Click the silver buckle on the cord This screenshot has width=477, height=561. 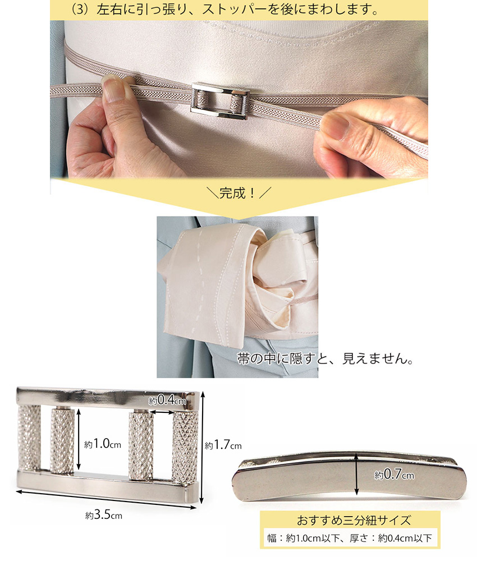220,101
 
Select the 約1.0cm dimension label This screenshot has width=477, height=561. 103,444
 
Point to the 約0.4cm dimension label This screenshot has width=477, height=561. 167,401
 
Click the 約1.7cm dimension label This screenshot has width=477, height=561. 223,445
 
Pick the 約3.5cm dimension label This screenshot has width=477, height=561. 104,515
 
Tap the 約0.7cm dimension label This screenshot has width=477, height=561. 394,475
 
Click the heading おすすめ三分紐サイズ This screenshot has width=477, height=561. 354,520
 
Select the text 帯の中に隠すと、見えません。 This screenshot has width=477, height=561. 325,358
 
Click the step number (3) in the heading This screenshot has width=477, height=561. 80,10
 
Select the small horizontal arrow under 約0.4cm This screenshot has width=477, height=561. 162,412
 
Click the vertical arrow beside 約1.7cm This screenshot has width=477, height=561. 203,447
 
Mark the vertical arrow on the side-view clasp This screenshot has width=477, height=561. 356,473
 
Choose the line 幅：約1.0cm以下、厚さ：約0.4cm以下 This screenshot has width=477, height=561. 350,538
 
